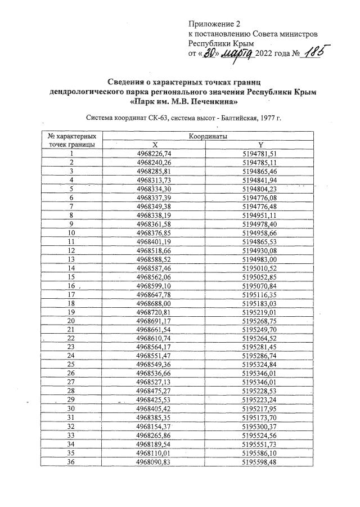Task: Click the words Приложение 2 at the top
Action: [x=214, y=24]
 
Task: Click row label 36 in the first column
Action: [x=71, y=461]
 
